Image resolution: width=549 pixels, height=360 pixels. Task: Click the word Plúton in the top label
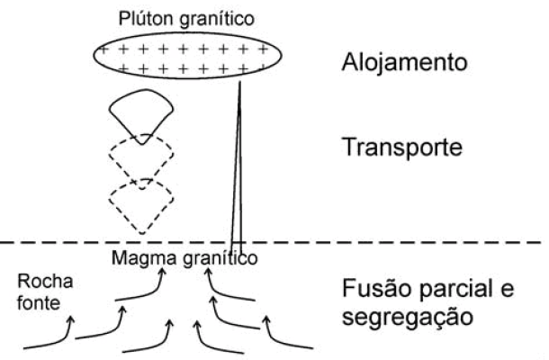pyautogui.click(x=143, y=18)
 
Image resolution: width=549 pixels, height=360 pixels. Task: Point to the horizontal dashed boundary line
pyautogui.click(x=360, y=242)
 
